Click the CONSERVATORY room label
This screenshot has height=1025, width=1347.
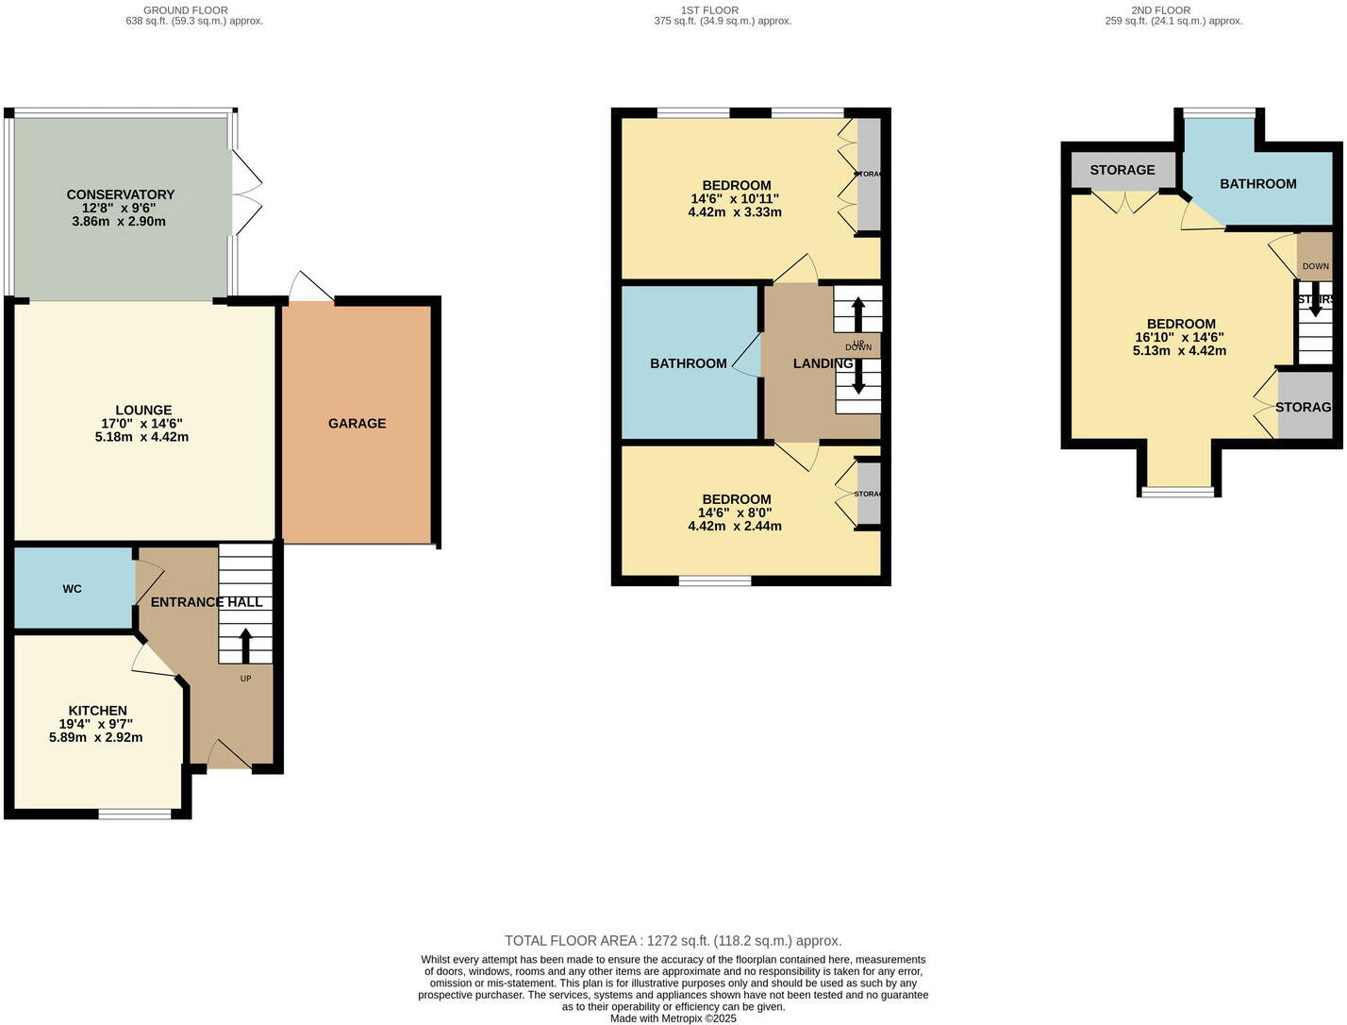point(120,194)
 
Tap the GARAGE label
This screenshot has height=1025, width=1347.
point(357,424)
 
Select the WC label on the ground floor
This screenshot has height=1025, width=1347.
point(73,589)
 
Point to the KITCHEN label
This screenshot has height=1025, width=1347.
point(97,711)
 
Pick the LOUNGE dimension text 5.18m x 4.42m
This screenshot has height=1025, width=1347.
point(141,437)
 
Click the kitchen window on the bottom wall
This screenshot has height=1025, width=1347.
point(135,814)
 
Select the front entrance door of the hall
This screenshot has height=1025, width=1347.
point(228,756)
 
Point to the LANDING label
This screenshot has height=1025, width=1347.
point(823,363)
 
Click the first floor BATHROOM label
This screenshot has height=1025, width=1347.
point(689,363)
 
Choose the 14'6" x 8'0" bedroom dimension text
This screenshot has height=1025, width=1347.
point(735,513)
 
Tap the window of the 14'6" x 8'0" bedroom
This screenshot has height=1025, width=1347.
point(715,580)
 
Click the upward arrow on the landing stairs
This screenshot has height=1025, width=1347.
point(857,314)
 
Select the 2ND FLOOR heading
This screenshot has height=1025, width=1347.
point(1160,10)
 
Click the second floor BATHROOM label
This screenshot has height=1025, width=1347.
point(1257,184)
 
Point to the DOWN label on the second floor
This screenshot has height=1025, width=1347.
point(1315,266)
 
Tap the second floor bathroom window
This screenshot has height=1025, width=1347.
point(1219,114)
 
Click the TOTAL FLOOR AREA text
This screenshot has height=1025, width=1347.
point(673,941)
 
